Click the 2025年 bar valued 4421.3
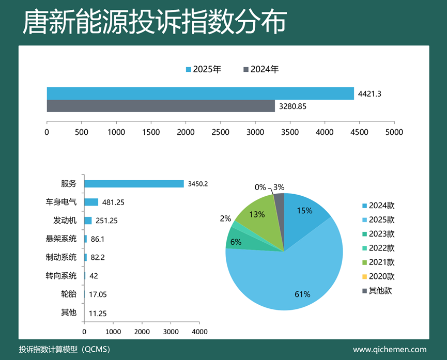201,93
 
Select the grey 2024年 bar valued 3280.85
161,106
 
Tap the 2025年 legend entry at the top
204,69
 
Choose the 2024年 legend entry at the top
261,69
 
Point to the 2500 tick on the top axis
221,132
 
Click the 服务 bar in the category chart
134,184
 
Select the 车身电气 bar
91,202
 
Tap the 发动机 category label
65,220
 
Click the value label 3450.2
198,184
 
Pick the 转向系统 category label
61,275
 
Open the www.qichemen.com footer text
390,350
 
